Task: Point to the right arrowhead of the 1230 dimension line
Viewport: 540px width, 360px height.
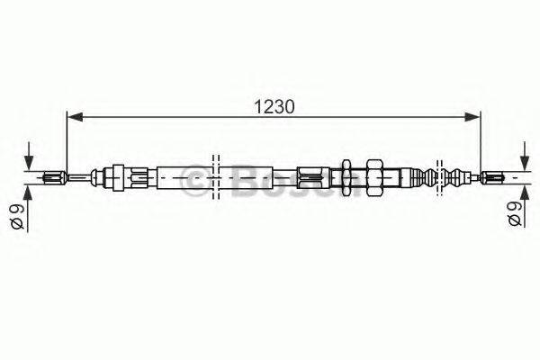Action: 473,115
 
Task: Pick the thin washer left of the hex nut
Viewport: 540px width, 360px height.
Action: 346,176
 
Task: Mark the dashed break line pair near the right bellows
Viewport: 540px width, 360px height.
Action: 438,176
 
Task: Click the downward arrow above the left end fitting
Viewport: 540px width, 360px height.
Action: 33,157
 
